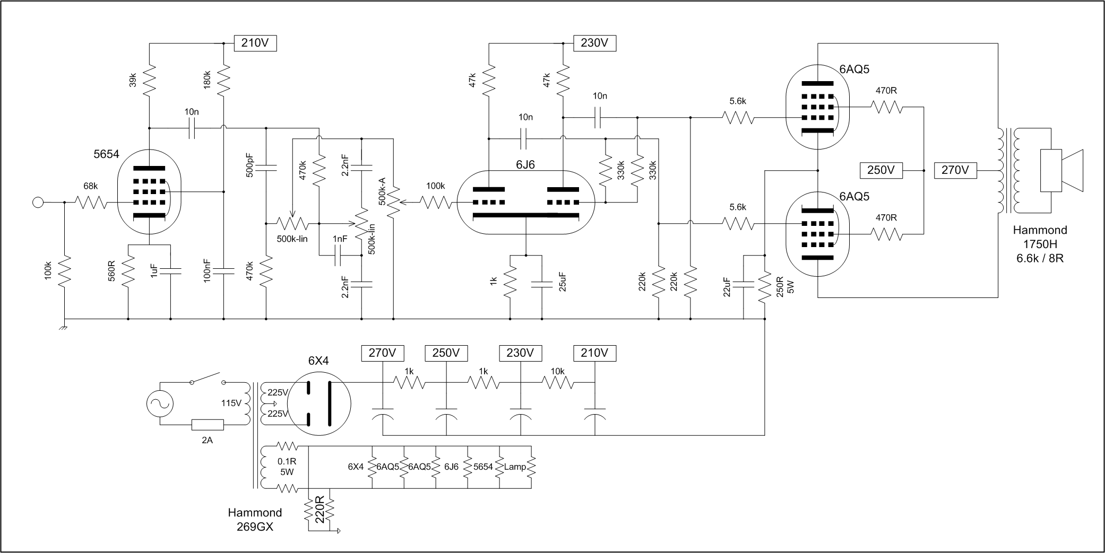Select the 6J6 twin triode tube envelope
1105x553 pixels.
[x=525, y=203]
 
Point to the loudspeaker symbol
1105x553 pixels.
[x=1061, y=170]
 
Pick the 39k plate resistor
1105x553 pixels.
[x=149, y=80]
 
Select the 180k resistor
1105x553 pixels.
[x=223, y=80]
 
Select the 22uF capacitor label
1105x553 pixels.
[x=727, y=286]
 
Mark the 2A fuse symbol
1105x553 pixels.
[x=208, y=425]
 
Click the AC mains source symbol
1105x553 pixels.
[x=160, y=403]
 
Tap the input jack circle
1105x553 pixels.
[x=38, y=202]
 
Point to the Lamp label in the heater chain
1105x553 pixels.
[x=515, y=467]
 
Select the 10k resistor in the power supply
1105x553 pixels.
[x=557, y=382]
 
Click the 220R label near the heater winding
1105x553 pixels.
[x=319, y=510]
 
